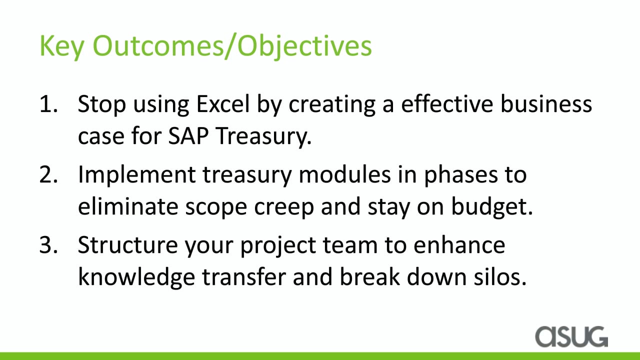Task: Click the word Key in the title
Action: pyautogui.click(x=61, y=47)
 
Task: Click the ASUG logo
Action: pyautogui.click(x=571, y=336)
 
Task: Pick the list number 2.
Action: pyautogui.click(x=48, y=174)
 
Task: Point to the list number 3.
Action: pyautogui.click(x=48, y=245)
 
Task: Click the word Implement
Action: pyautogui.click(x=136, y=175)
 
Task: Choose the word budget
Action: pyautogui.click(x=492, y=207)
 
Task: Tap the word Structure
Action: pyautogui.click(x=127, y=245)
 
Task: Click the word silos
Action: pyautogui.click(x=500, y=276)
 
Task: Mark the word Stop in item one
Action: pyautogui.click(x=101, y=105)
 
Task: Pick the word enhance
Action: pyautogui.click(x=459, y=245)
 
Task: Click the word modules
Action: pyautogui.click(x=344, y=174)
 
